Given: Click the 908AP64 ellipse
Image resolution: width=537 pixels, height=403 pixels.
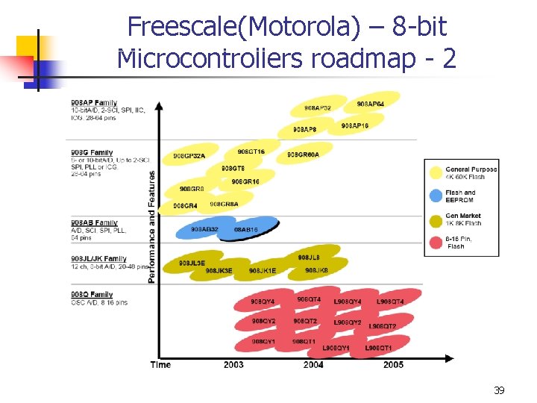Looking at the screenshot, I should tap(371, 103).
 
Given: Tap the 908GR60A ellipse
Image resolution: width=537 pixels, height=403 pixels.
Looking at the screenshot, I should tap(303, 154).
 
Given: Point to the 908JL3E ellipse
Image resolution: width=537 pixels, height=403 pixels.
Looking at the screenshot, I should tap(192, 263).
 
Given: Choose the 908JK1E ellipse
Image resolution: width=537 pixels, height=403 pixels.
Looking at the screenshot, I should tap(263, 270).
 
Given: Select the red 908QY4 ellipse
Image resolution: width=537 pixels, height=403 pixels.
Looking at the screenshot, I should tap(262, 302).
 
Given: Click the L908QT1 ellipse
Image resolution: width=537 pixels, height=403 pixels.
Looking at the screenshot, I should tap(378, 348).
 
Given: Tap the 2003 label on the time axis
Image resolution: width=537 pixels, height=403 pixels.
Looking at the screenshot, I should tap(233, 364).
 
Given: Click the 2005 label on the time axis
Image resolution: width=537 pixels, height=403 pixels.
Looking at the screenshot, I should tap(393, 364).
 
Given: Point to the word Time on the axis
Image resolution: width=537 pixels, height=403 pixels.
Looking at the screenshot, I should tap(160, 364).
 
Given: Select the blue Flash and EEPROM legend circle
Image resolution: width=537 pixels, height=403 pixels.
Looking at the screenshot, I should tap(436, 196).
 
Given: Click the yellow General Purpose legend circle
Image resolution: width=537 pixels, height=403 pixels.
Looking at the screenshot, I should tap(436, 172).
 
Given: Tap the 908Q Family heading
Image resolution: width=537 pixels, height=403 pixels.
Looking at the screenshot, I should tap(92, 295).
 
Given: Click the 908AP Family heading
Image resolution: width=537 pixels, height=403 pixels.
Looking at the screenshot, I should tap(93, 102).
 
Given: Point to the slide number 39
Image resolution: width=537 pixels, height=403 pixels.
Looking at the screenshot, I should tap(499, 390).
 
